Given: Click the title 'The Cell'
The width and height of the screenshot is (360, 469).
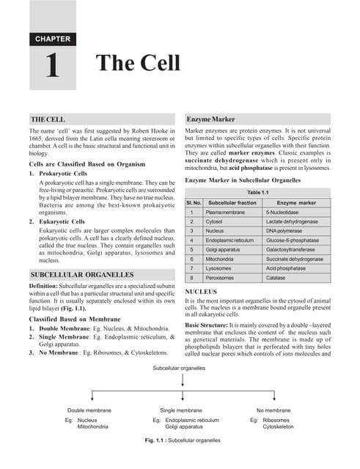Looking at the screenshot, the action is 138,63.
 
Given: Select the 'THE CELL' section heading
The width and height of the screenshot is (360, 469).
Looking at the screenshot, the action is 48,119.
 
